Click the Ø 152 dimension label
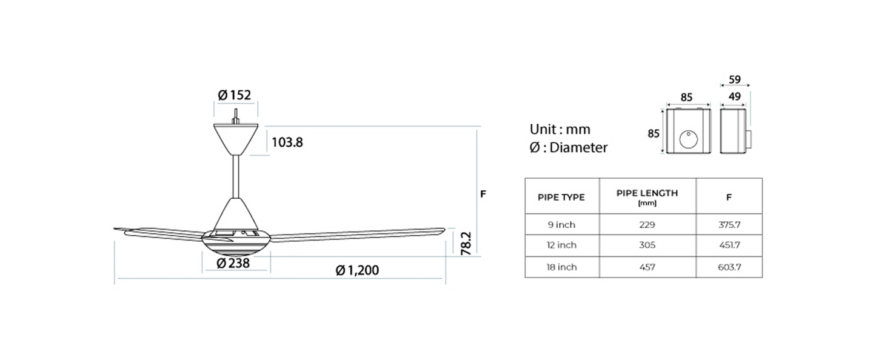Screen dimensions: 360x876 coord(235,95)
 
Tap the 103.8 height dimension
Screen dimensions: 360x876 coord(287,142)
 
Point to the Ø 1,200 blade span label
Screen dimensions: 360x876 coord(357,270)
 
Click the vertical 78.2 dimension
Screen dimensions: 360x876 coord(467,242)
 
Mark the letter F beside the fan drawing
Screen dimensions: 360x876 coord(483,194)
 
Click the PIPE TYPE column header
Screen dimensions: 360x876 coord(561,197)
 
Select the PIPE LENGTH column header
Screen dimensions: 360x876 coord(647,193)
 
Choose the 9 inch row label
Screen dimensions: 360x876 coord(561,225)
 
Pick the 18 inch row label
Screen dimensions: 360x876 coord(561,267)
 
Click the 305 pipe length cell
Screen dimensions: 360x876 coord(647,245)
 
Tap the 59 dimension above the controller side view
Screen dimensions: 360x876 coord(734,79)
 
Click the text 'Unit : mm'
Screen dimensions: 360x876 coord(560,129)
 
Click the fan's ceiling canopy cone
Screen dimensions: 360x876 coord(236,138)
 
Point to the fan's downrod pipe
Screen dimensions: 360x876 coord(236,176)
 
